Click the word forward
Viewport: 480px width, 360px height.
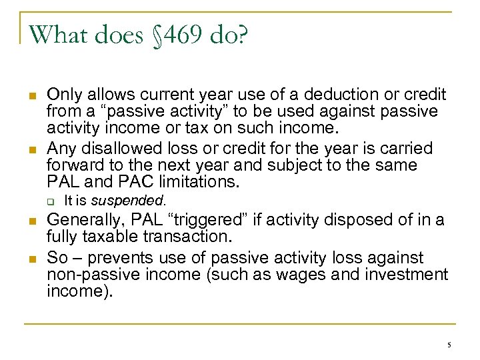[75, 165]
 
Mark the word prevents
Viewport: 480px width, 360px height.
[117, 257]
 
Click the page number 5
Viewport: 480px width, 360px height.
[449, 345]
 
